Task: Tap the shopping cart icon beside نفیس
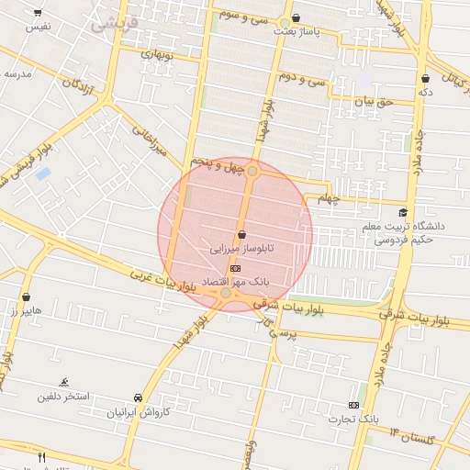[x=38, y=13]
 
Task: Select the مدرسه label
[x=18, y=73]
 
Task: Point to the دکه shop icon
[x=424, y=79]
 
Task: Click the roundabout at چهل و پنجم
[x=252, y=171]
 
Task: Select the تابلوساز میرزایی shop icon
[x=241, y=235]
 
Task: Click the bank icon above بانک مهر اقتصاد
[x=236, y=267]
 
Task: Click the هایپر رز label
[x=21, y=311]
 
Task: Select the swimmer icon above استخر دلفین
[x=63, y=382]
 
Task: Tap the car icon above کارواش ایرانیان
[x=138, y=397]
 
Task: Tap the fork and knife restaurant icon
[x=41, y=456]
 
